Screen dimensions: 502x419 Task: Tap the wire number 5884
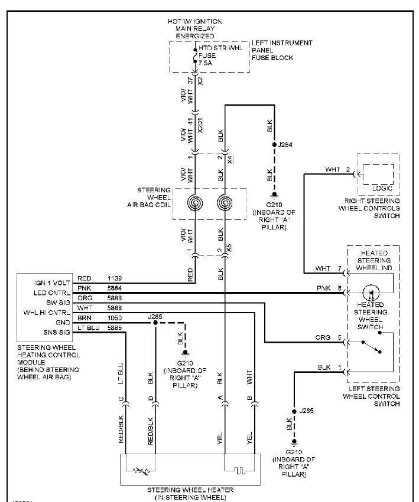tap(116, 287)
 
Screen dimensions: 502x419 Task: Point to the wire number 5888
tap(116, 307)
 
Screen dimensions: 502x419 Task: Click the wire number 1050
tap(116, 317)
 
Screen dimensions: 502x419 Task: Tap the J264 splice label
tap(286, 144)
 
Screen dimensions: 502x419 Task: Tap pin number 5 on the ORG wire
tap(339, 338)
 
